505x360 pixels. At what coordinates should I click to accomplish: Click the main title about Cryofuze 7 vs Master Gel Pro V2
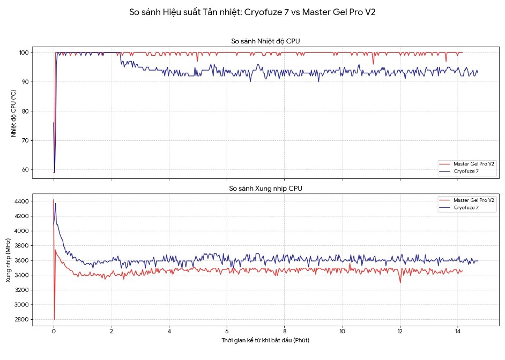point(252,12)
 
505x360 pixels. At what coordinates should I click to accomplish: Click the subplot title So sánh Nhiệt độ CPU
point(269,41)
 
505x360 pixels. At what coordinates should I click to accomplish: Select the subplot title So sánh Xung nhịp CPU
point(269,189)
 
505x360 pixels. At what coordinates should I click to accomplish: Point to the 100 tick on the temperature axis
point(24,52)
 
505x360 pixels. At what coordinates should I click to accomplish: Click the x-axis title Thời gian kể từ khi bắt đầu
point(265,341)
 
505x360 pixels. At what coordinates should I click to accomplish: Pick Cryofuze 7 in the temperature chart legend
point(466,171)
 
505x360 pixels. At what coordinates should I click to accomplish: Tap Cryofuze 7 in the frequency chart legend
point(466,207)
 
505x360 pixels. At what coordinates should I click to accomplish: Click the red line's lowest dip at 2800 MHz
point(54,319)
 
